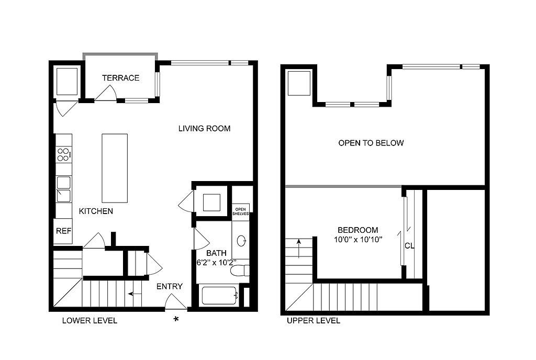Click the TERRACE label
[121, 78]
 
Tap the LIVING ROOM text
[205, 128]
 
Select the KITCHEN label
[96, 211]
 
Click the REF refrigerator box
[63, 231]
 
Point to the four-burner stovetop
[64, 154]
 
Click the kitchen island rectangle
[115, 168]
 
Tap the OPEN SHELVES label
[241, 212]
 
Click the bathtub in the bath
[219, 296]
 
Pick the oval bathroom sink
[241, 241]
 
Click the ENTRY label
[170, 286]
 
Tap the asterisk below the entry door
[176, 319]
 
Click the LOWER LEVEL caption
[90, 321]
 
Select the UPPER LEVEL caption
[314, 321]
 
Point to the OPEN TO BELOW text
[371, 143]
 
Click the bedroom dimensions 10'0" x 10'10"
[358, 240]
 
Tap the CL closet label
[409, 245]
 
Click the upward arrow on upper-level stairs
[299, 249]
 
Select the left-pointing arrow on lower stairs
[135, 294]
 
